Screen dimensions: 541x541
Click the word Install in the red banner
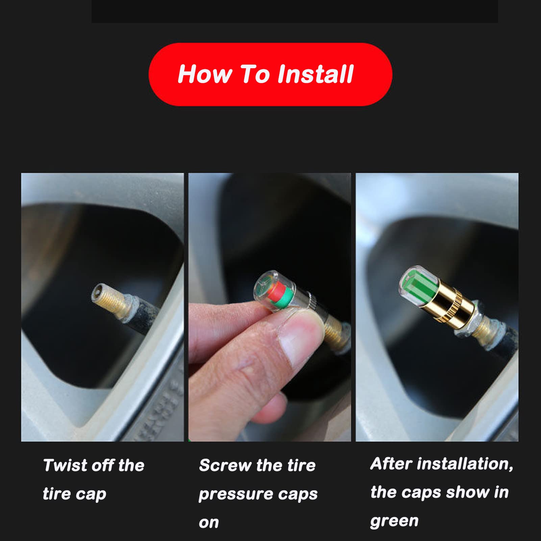click(x=315, y=74)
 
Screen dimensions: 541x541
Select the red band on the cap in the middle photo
click(x=276, y=292)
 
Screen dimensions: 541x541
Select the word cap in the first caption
click(x=91, y=494)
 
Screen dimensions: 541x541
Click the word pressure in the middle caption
click(x=236, y=494)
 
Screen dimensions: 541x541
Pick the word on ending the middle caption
click(x=208, y=523)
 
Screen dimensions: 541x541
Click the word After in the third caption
click(x=391, y=464)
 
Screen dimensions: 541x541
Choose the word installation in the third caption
click(x=465, y=464)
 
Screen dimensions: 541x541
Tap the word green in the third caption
click(x=394, y=521)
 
